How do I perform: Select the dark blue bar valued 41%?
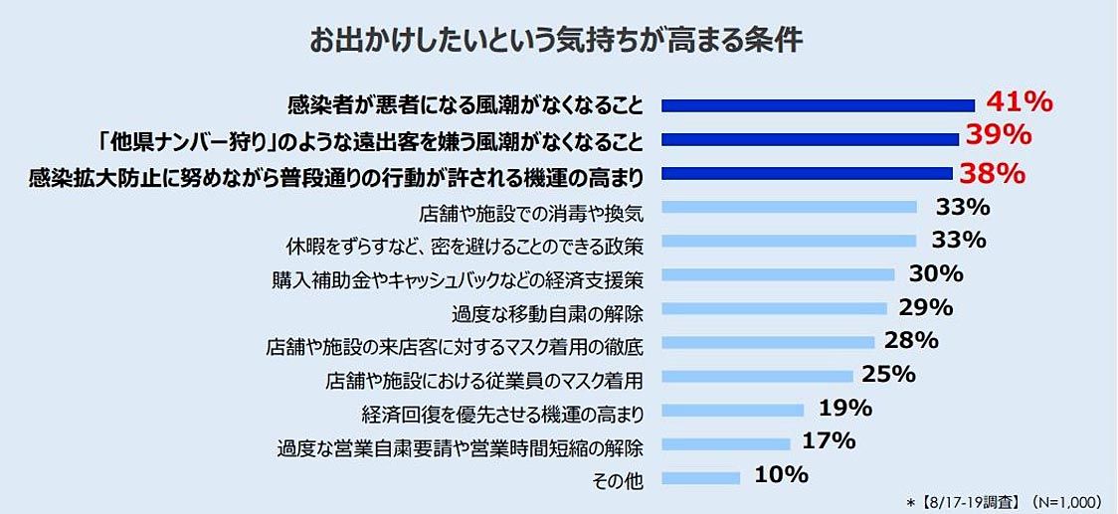(818, 104)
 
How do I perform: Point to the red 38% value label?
(992, 174)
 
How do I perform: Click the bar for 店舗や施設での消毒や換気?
(789, 208)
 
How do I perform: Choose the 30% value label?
(936, 273)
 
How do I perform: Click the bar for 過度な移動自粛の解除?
(774, 308)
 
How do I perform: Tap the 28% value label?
(911, 340)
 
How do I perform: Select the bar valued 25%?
(757, 376)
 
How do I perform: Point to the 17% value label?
(830, 440)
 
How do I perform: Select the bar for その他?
(700, 478)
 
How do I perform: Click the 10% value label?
(781, 475)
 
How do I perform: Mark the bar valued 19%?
(732, 410)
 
